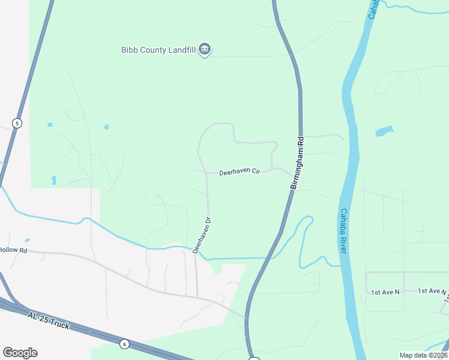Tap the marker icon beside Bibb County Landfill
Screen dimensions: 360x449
click(x=205, y=49)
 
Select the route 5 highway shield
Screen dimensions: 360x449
click(x=17, y=123)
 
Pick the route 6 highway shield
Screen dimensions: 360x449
click(x=124, y=344)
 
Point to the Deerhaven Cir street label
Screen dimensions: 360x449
click(x=239, y=172)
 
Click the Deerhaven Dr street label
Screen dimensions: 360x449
click(x=203, y=235)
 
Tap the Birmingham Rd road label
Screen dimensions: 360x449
click(x=298, y=163)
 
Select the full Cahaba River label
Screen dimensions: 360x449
click(x=343, y=230)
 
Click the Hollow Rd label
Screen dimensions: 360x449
click(x=13, y=250)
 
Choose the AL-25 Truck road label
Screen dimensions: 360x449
click(x=48, y=320)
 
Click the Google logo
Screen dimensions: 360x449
click(x=20, y=353)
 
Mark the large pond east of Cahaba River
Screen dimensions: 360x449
click(x=384, y=131)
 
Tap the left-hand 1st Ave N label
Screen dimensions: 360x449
click(x=385, y=292)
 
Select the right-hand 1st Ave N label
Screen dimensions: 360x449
click(x=432, y=291)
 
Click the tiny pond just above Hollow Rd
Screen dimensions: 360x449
click(x=27, y=241)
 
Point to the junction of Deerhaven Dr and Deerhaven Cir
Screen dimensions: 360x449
click(x=207, y=173)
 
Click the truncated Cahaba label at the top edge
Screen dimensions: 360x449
click(x=373, y=8)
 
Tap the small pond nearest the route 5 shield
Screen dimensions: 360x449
click(x=49, y=125)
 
